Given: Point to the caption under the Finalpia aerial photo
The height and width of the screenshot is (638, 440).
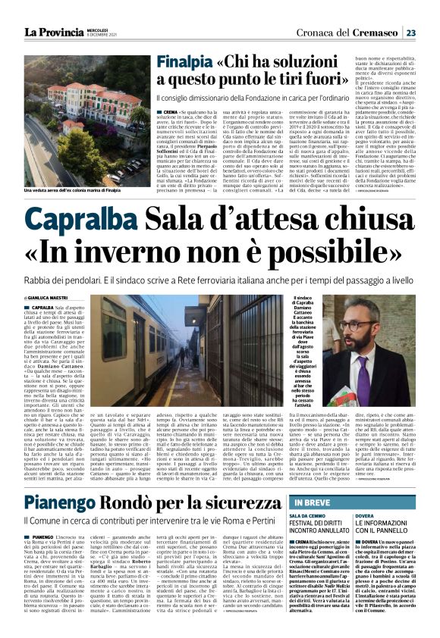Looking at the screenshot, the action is pyautogui.click(x=68, y=191).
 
